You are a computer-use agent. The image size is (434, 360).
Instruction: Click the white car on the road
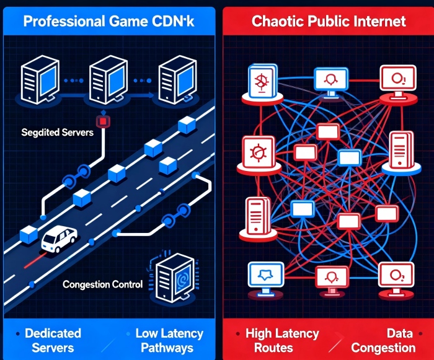[59, 239]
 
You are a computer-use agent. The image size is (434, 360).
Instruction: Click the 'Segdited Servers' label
[57, 132]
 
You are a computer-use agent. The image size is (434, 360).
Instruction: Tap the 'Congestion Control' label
[103, 285]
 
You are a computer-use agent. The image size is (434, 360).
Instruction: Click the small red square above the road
[103, 120]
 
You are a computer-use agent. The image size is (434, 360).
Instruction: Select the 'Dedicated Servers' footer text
[53, 340]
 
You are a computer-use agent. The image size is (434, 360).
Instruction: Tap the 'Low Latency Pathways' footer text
[169, 340]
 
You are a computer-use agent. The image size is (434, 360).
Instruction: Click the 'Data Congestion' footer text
[391, 340]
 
